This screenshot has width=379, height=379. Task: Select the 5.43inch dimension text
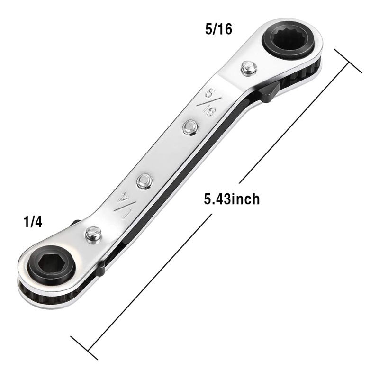[232, 199]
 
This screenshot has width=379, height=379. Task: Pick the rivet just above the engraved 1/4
[144, 180]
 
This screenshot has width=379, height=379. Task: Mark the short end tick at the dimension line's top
[349, 60]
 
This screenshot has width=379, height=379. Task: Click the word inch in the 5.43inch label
[245, 199]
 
